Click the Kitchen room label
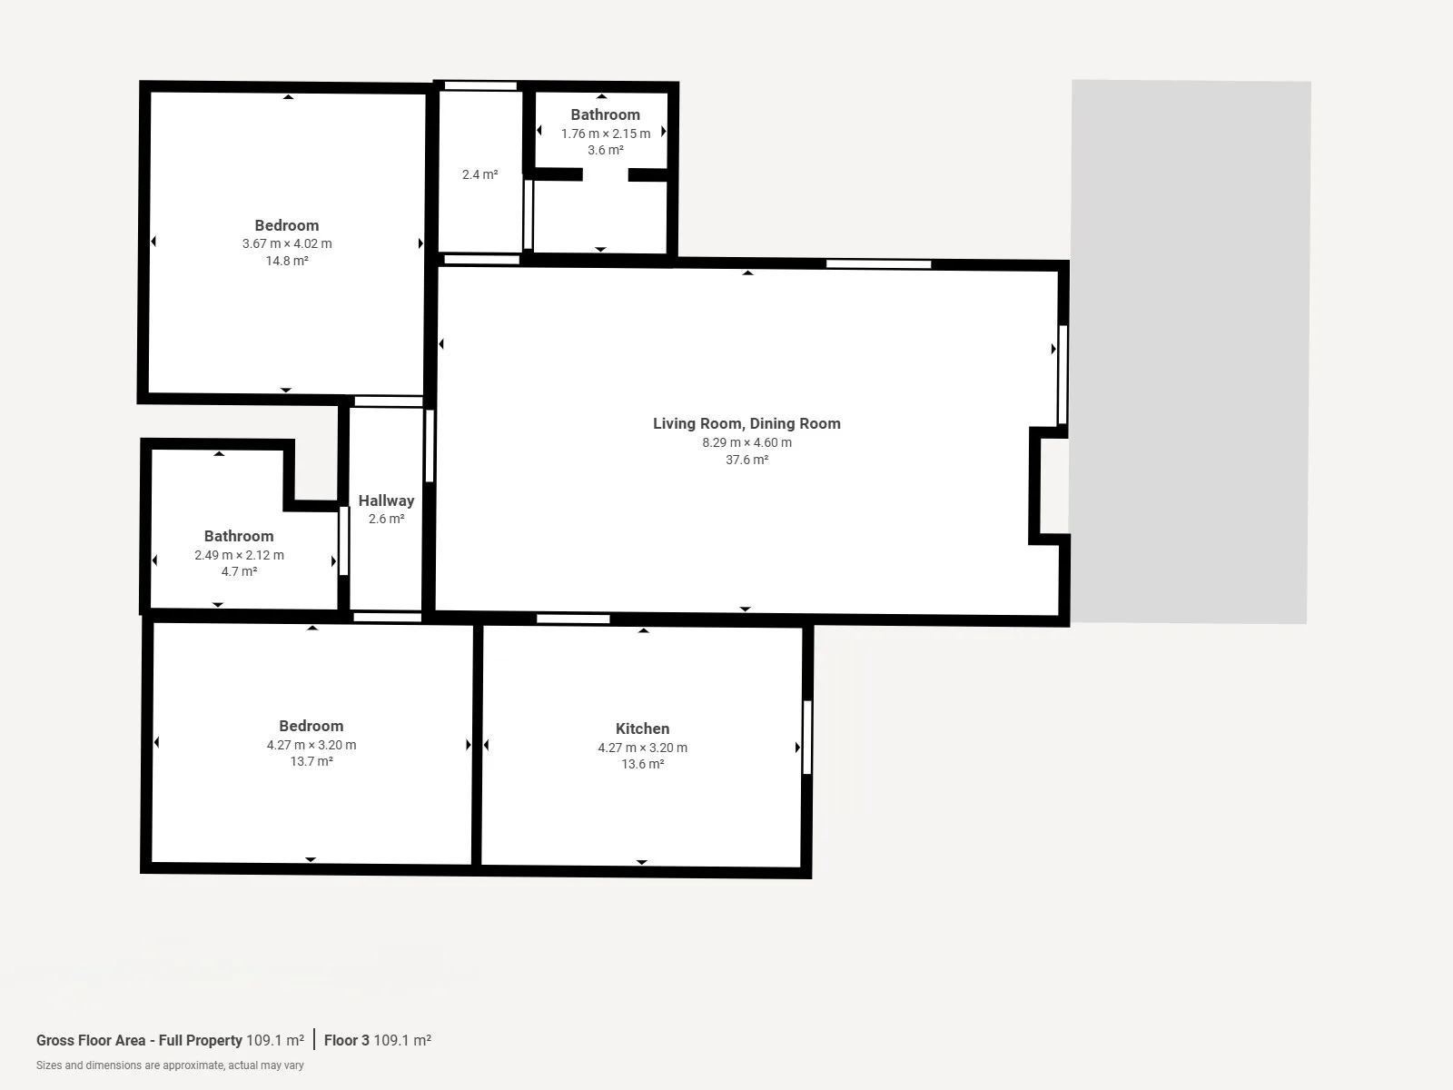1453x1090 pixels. pyautogui.click(x=642, y=728)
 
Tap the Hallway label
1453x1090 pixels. pyautogui.click(x=387, y=501)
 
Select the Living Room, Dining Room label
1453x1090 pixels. pyautogui.click(x=746, y=423)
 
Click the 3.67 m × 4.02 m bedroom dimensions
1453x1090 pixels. pyautogui.click(x=287, y=243)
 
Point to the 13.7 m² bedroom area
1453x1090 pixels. pyautogui.click(x=311, y=761)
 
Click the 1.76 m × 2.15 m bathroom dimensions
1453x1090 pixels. pyautogui.click(x=606, y=134)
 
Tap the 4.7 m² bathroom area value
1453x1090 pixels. pyautogui.click(x=239, y=571)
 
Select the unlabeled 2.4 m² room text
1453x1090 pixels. pyautogui.click(x=479, y=174)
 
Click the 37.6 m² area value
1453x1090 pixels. pyautogui.click(x=746, y=460)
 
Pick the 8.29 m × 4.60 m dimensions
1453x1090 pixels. pyautogui.click(x=746, y=442)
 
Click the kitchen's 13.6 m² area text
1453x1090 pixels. pyautogui.click(x=642, y=764)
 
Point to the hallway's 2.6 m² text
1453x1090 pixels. pyautogui.click(x=387, y=519)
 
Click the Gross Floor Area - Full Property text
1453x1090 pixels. pyautogui.click(x=139, y=1040)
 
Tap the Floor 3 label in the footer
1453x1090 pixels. pyautogui.click(x=346, y=1040)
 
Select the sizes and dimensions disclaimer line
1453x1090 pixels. pyautogui.click(x=170, y=1065)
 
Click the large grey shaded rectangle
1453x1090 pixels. pyautogui.click(x=1191, y=352)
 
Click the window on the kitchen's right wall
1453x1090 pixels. pyautogui.click(x=807, y=738)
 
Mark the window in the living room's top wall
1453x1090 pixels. pyautogui.click(x=878, y=264)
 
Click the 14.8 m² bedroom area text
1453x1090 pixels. pyautogui.click(x=287, y=261)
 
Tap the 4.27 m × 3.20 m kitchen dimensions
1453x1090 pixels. pyautogui.click(x=642, y=748)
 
